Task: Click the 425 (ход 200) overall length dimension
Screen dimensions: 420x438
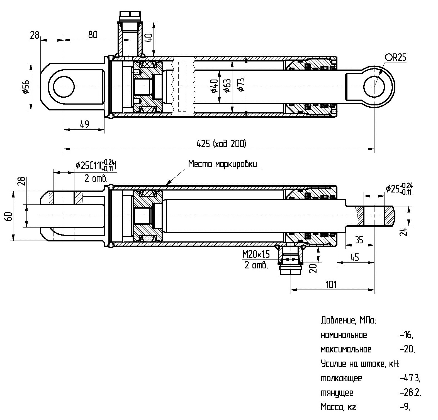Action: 221,144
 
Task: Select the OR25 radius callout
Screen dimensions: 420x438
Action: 396,58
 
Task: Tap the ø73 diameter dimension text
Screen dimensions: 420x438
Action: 241,85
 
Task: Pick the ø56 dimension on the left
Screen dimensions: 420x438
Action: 26,87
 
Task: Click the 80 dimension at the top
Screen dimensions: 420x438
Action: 93,35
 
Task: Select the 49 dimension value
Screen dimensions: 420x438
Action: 84,124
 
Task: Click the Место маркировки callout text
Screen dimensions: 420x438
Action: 222,164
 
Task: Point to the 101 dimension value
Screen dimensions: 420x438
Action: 331,285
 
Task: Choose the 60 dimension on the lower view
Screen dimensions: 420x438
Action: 9,216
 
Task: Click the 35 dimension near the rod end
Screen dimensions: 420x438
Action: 359,240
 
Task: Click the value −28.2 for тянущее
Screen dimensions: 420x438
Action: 410,393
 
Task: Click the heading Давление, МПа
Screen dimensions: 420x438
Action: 348,320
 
